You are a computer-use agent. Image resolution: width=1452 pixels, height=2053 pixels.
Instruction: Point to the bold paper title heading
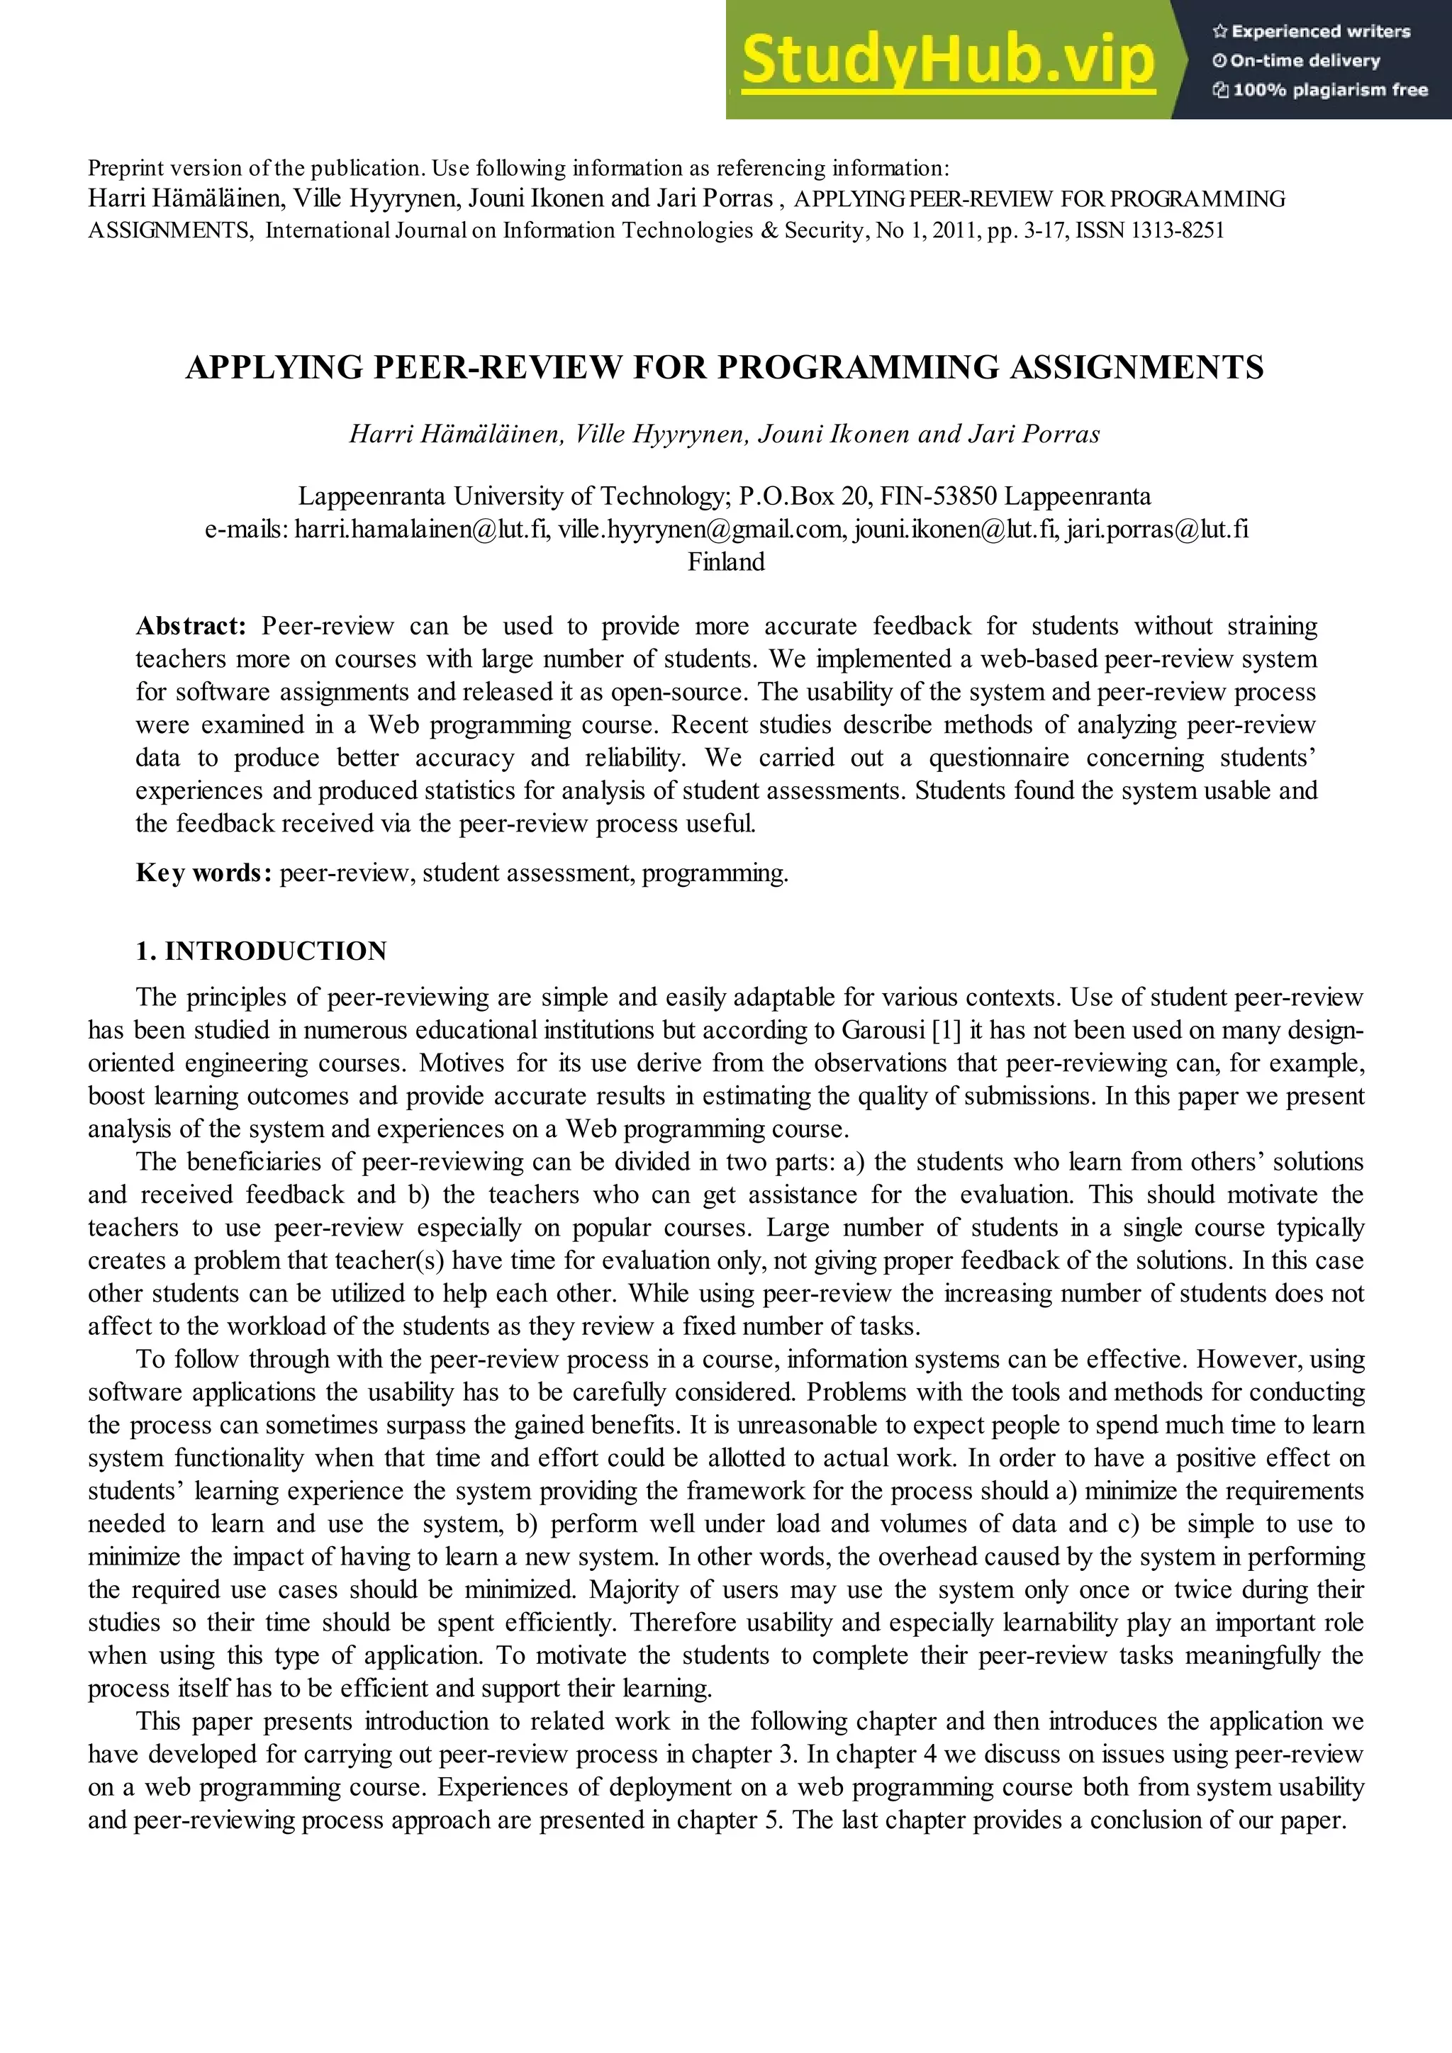click(x=725, y=367)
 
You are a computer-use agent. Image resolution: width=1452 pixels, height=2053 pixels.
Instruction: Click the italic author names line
click(x=725, y=434)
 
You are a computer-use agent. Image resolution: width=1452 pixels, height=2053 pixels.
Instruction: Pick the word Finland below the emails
click(x=725, y=562)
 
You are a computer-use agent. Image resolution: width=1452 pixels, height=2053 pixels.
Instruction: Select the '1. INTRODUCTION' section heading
click(x=261, y=951)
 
